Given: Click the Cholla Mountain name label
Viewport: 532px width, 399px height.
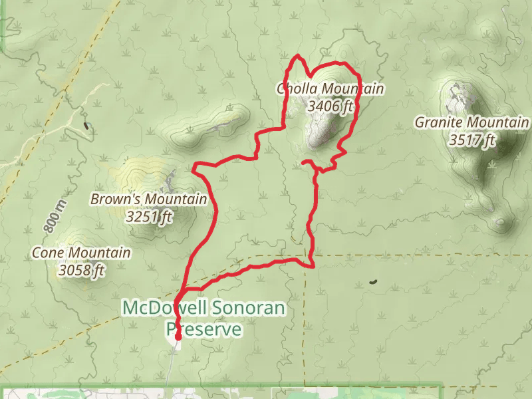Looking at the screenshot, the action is point(331,89).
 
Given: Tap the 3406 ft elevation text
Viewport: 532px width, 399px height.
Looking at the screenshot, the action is point(331,105).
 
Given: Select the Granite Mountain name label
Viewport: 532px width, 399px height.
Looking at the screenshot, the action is point(472,123).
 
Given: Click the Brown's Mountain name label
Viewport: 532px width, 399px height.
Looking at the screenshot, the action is point(149,199).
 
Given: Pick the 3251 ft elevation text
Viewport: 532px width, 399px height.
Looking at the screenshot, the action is point(149,216).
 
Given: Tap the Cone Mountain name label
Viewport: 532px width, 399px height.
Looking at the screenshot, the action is point(82,253).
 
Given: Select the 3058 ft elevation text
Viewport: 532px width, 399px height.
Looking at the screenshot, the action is point(82,270).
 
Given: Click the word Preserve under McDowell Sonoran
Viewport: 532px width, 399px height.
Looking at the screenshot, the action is point(203,329).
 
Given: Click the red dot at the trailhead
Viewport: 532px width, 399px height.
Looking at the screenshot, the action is point(178,337).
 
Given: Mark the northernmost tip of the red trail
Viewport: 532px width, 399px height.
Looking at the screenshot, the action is point(299,55).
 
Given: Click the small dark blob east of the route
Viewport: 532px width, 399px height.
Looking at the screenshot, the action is point(373,282).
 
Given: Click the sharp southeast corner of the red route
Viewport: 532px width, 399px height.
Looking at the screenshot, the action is point(313,266).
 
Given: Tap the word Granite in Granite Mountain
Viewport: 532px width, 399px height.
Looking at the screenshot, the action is point(439,123).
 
